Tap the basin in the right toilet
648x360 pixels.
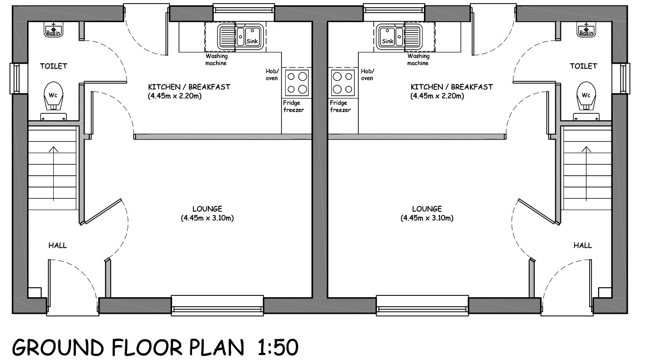[586, 30]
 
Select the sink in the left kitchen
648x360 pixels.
[241, 37]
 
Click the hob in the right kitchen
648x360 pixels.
[343, 82]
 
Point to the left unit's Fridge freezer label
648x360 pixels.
[293, 107]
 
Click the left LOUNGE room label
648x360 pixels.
[207, 209]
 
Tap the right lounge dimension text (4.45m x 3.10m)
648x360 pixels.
[427, 218]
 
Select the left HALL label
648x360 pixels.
[57, 245]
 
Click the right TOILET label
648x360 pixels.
[583, 66]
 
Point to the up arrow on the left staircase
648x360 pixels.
[53, 173]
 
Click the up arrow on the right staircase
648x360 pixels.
[586, 173]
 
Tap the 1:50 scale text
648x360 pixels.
[278, 347]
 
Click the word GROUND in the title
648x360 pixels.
[58, 347]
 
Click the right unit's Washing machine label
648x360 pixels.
[418, 60]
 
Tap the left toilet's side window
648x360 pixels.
[15, 78]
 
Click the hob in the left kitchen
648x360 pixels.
[296, 82]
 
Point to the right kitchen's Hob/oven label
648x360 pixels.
[367, 75]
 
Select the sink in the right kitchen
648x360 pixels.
[399, 37]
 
